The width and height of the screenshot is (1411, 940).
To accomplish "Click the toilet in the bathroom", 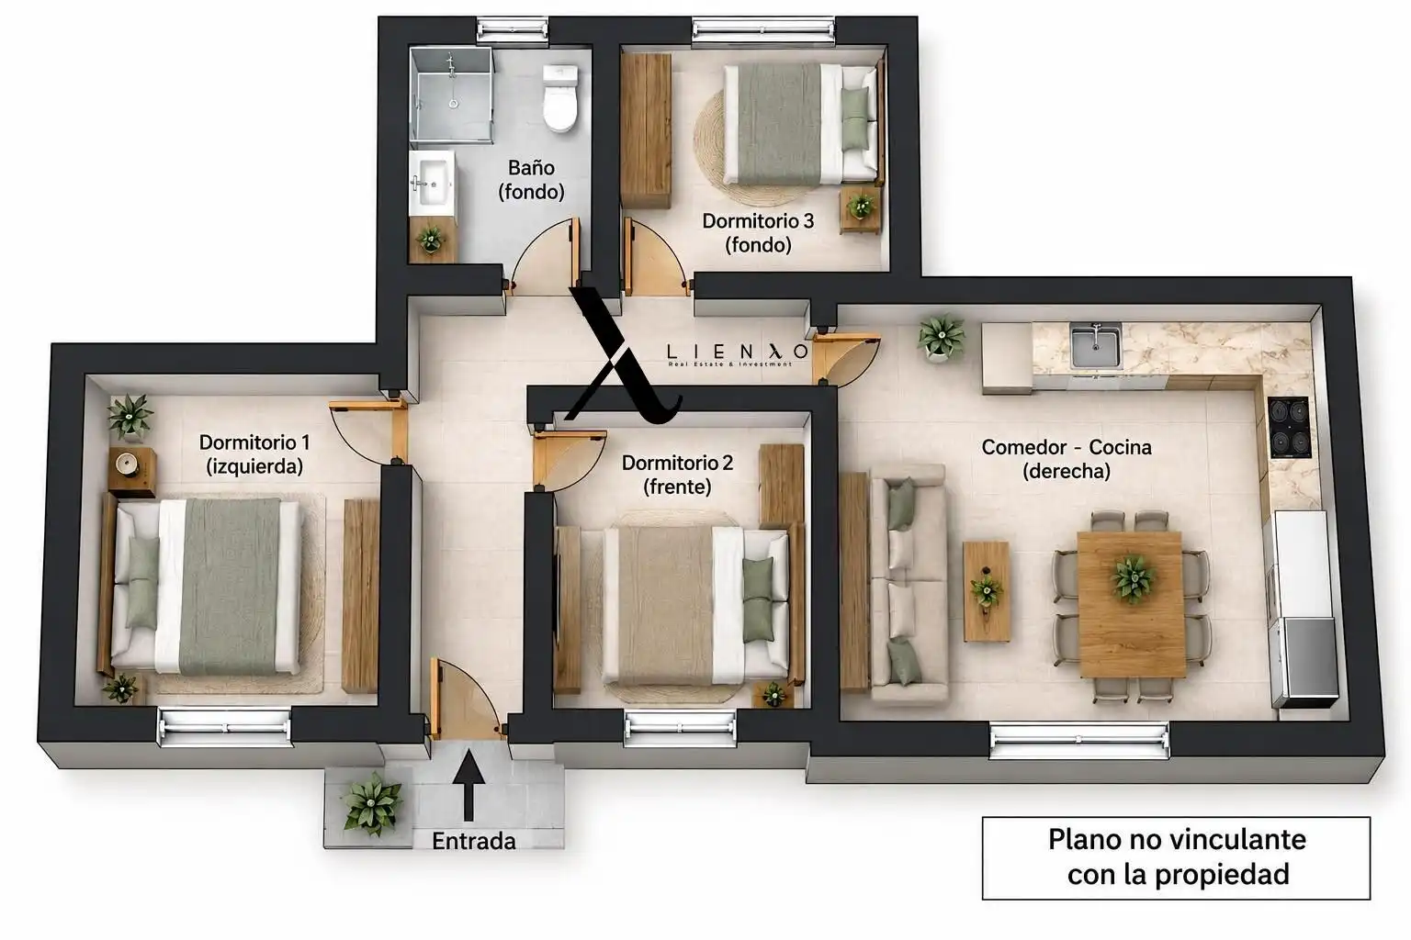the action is click(x=560, y=98).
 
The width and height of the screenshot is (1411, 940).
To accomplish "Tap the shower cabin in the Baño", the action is click(x=450, y=95).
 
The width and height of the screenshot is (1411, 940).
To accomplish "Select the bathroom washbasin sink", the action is click(x=434, y=182).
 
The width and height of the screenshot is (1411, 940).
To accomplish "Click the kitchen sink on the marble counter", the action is click(x=1095, y=346).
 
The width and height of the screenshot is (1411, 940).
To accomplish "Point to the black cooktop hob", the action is click(x=1290, y=428).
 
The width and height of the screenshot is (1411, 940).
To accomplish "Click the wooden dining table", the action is click(x=1132, y=604).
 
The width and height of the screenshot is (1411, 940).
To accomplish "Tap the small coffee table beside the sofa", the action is click(x=987, y=591).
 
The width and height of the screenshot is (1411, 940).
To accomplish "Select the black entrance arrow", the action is click(x=468, y=785).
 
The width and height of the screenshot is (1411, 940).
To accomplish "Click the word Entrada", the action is click(x=474, y=841).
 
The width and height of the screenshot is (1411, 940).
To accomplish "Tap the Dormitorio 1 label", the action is click(x=254, y=454).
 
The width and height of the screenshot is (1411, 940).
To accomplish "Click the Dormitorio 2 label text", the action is click(x=677, y=475).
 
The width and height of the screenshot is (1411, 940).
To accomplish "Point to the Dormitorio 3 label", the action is click(x=758, y=232).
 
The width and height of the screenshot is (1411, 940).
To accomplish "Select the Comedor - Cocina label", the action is click(x=1067, y=459).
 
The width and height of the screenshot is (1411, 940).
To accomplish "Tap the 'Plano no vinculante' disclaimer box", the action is click(x=1176, y=857).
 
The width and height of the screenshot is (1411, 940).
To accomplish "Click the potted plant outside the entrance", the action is click(x=372, y=802).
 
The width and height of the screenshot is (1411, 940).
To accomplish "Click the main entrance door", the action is click(x=467, y=699).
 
